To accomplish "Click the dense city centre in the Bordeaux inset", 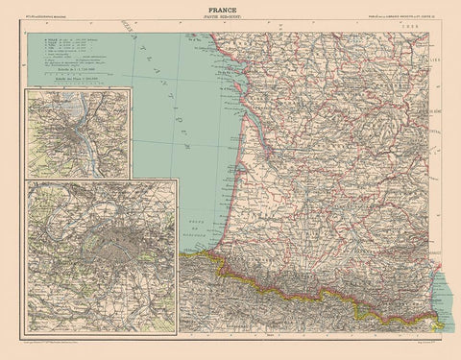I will point(69,133).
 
